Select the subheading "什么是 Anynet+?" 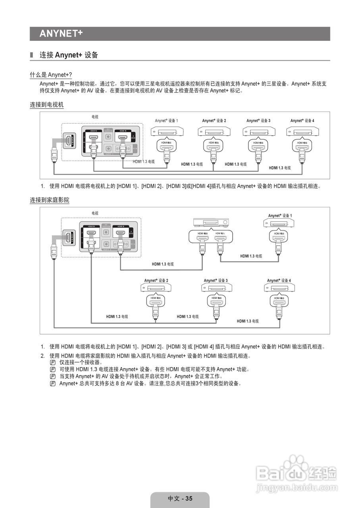51,75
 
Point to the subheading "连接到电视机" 46,105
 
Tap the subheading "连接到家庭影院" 50,200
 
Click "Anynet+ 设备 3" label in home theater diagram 216,281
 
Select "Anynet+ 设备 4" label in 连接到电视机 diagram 302,121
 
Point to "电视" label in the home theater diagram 95,213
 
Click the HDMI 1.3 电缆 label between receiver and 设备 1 251,256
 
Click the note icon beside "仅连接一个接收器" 53,363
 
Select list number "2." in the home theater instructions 42,356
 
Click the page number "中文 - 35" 180,498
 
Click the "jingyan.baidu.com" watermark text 296,487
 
